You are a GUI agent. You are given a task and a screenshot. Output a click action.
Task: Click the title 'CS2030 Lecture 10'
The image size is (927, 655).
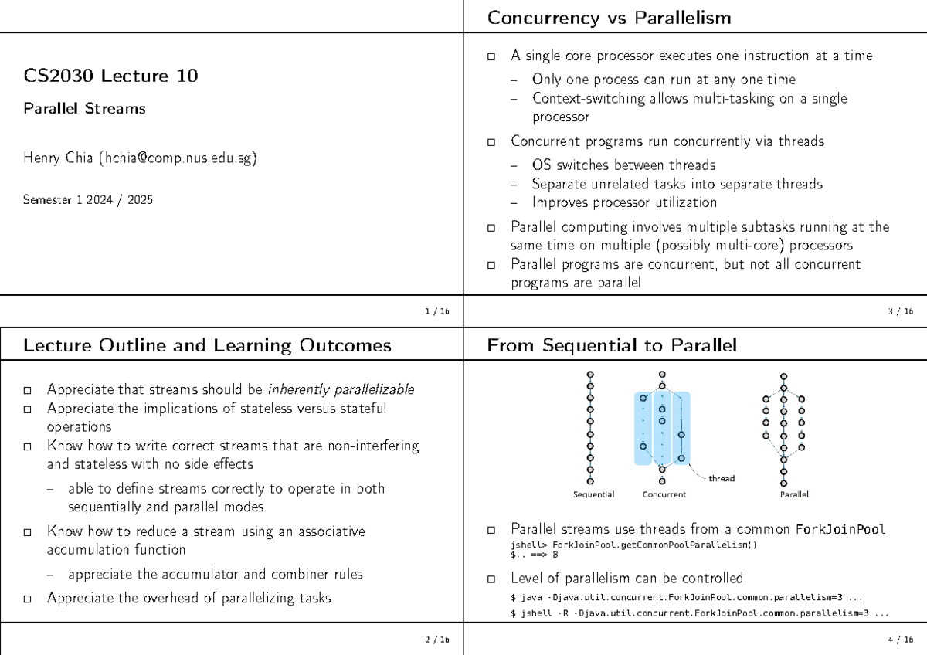pos(110,76)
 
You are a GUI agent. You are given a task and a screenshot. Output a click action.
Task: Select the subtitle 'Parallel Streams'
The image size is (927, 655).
pos(84,109)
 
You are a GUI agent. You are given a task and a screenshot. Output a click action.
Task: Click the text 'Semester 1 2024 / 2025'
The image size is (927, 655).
pos(88,200)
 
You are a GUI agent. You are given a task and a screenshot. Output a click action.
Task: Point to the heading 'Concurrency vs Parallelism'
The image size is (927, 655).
pos(609,18)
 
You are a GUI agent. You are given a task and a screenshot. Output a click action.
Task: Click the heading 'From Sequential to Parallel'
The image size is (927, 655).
pos(612,346)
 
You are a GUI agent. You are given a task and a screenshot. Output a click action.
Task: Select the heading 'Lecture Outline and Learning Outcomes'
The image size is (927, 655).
pos(207,346)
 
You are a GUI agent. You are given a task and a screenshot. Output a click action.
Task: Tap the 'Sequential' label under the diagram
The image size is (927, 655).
pos(593,494)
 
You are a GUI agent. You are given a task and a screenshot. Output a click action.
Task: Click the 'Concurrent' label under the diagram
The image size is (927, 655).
pos(664,494)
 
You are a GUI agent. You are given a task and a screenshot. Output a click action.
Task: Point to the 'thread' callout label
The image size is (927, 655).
pos(721,479)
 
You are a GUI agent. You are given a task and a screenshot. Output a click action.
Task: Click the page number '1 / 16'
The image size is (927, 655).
pos(436,311)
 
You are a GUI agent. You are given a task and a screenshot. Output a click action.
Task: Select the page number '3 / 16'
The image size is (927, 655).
pos(901,311)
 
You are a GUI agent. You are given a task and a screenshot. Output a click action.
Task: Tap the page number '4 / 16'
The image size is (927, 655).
pos(901,640)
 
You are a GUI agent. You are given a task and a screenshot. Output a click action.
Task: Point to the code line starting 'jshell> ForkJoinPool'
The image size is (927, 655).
pos(633,545)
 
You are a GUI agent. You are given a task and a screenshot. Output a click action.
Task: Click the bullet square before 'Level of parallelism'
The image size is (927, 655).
pos(492,579)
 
